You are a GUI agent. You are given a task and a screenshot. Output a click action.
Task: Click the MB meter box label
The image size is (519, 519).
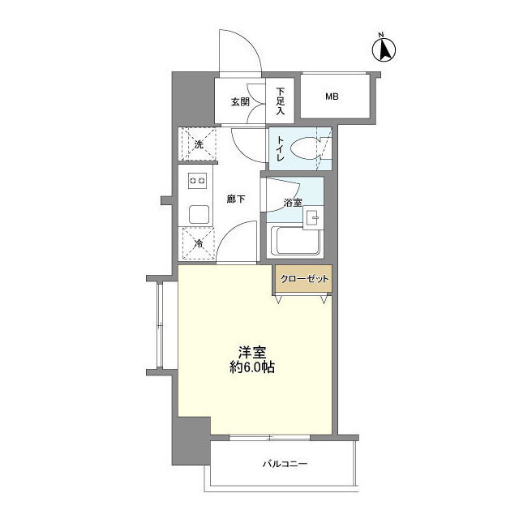(x=332, y=97)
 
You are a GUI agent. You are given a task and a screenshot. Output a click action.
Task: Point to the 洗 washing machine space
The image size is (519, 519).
(x=199, y=145)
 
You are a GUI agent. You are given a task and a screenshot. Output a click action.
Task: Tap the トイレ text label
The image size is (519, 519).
(x=280, y=148)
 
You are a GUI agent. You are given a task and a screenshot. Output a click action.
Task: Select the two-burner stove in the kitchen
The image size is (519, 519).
(x=198, y=180)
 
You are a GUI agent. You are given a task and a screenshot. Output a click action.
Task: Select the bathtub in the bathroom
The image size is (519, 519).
(x=295, y=242)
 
